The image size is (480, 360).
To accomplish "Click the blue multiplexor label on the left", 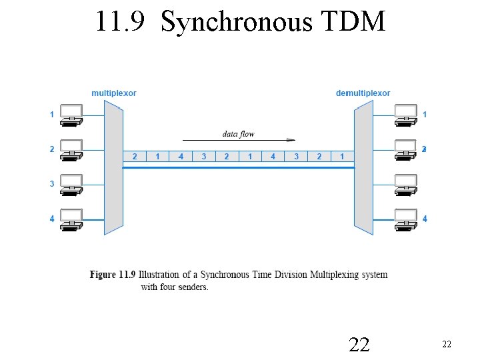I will pyautogui.click(x=114, y=93).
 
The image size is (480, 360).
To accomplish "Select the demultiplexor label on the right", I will pyautogui.click(x=363, y=93).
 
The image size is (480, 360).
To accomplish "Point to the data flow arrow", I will pyautogui.click(x=239, y=140).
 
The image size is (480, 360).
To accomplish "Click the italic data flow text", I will pyautogui.click(x=238, y=134).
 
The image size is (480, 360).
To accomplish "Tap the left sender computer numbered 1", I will pyautogui.click(x=71, y=115).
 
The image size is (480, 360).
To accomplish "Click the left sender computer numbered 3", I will pyautogui.click(x=71, y=184).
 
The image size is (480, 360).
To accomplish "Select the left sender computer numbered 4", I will pyautogui.click(x=71, y=219).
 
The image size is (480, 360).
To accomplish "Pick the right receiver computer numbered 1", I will pyautogui.click(x=405, y=115).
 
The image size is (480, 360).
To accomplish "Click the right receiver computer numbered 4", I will pyautogui.click(x=405, y=219).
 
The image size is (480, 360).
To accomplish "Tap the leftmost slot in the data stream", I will pyautogui.click(x=135, y=157).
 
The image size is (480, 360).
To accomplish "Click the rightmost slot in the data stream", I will pyautogui.click(x=342, y=157).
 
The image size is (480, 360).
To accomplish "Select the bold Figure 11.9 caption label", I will pyautogui.click(x=113, y=275).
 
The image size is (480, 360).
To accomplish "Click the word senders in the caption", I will pyautogui.click(x=193, y=287).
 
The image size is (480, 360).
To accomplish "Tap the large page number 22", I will pyautogui.click(x=359, y=344).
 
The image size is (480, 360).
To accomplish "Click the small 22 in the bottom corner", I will pyautogui.click(x=447, y=344).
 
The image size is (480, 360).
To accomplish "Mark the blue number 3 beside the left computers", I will pyautogui.click(x=52, y=184).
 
